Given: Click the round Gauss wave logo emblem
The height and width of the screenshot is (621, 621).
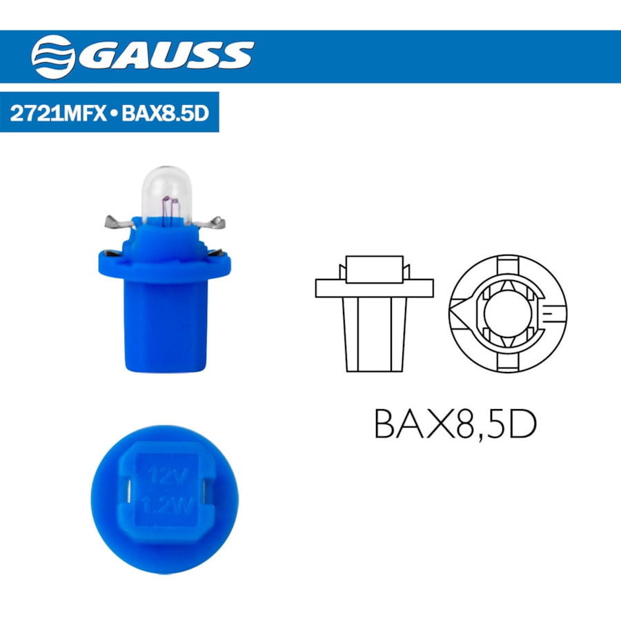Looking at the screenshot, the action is coord(53,57).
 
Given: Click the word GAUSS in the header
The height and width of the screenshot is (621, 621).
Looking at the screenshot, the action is coord(166,56).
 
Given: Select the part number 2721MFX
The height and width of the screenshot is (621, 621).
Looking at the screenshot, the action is coord(58,113).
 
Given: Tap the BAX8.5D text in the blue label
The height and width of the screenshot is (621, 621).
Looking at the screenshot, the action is coord(165,113).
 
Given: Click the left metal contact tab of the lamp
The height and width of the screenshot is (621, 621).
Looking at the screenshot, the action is coord(119,222).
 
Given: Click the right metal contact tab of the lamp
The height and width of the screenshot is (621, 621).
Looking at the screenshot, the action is coord(210,224).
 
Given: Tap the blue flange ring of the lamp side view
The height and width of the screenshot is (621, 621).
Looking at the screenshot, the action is coord(164,266).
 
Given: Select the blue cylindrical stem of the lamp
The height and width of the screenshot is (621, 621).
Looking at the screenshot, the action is coord(166,326).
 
